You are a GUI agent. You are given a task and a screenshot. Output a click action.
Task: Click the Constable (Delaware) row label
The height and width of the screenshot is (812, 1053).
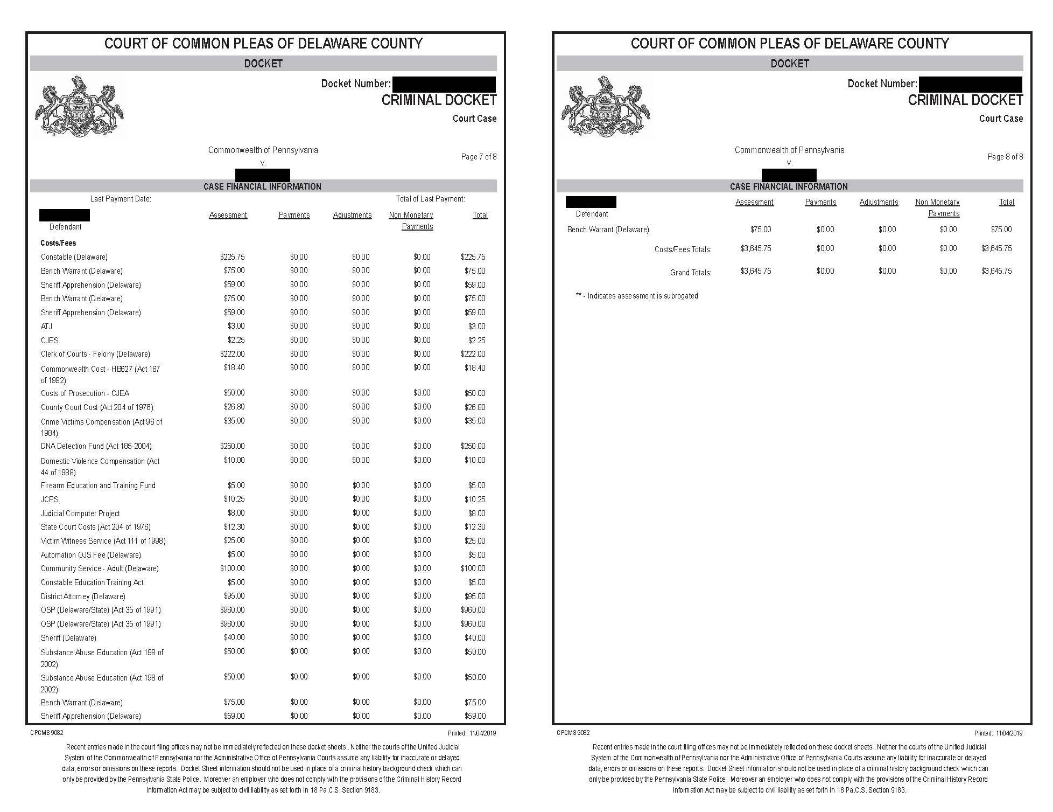(x=74, y=257)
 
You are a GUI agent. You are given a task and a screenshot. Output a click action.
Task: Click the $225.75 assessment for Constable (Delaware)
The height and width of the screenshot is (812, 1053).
(x=232, y=257)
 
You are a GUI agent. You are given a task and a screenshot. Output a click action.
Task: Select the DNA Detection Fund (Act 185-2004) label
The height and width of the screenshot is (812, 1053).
(x=96, y=446)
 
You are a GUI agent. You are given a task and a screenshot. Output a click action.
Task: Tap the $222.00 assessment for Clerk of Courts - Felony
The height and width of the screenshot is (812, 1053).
(x=232, y=354)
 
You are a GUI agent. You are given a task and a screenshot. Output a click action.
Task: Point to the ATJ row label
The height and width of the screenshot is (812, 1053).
(x=46, y=327)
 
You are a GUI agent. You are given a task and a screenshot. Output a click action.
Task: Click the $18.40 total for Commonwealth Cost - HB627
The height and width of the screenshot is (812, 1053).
(x=475, y=368)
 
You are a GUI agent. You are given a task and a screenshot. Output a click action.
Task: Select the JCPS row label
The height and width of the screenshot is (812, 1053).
(x=50, y=499)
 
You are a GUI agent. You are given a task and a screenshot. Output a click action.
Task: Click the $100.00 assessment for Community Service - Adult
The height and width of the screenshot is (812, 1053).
(x=232, y=568)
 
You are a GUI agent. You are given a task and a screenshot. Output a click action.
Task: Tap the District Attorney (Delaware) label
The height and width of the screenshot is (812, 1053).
(x=83, y=596)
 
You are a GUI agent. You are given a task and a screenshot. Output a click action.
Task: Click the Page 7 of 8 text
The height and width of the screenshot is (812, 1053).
(x=479, y=157)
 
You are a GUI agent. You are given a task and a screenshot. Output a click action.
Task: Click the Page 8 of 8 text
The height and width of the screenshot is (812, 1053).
(x=1005, y=157)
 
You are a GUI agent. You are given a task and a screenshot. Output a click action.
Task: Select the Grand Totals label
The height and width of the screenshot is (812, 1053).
(x=690, y=273)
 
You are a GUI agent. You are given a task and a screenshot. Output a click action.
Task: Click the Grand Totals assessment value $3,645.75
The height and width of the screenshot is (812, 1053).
(x=756, y=271)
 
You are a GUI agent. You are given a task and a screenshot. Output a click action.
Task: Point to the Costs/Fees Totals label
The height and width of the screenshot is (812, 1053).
(x=683, y=249)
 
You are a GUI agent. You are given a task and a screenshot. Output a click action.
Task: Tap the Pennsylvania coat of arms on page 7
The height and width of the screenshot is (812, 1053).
(x=79, y=107)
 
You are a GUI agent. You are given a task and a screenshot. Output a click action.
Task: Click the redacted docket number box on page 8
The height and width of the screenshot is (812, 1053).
(x=970, y=84)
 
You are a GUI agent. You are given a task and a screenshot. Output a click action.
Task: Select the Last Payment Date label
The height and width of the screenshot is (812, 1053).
(x=121, y=199)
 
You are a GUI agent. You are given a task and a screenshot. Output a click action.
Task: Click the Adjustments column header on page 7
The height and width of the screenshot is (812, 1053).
(x=352, y=215)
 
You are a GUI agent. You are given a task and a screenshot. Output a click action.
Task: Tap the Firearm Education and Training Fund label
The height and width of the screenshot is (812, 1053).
(x=98, y=485)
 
